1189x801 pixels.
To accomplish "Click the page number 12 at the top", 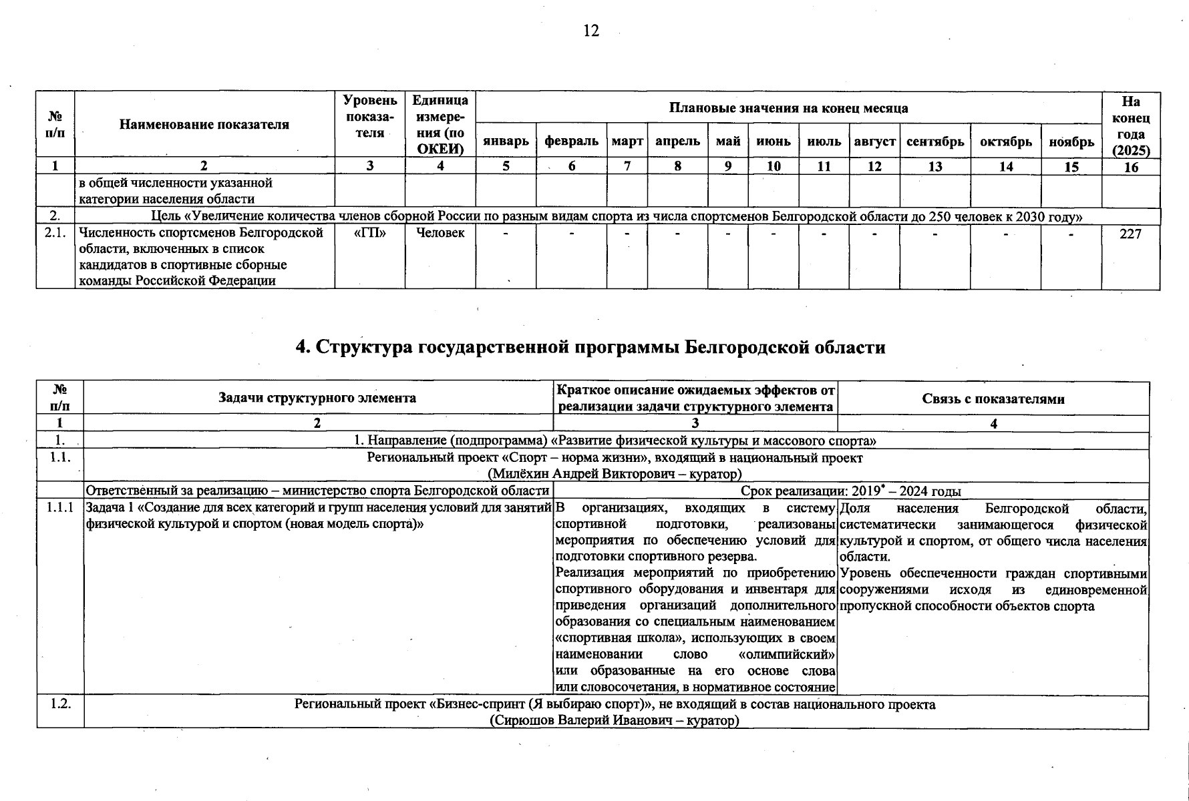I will [x=591, y=31].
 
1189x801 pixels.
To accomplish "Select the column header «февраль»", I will [x=571, y=142].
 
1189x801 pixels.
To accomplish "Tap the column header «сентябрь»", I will [x=935, y=142].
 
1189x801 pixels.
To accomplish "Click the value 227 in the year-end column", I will [x=1130, y=234].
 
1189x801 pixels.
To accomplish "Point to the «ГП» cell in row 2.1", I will [x=369, y=233].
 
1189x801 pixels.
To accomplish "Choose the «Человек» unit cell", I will [x=440, y=233].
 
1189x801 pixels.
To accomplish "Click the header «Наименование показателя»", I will [x=204, y=124].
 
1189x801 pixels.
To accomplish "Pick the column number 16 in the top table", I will [x=1130, y=167].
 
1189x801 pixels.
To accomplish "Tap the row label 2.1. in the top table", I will [x=55, y=233].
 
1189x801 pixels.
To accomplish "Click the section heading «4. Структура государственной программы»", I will [x=590, y=347].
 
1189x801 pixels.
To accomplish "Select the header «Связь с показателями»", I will [x=993, y=399].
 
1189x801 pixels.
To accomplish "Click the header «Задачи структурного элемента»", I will [x=317, y=398].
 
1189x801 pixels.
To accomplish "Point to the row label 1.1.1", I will [x=60, y=509].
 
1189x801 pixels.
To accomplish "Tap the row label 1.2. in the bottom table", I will [x=60, y=704].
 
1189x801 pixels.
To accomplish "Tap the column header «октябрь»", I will [x=1005, y=142].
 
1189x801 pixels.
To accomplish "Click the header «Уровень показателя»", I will [x=369, y=116].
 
